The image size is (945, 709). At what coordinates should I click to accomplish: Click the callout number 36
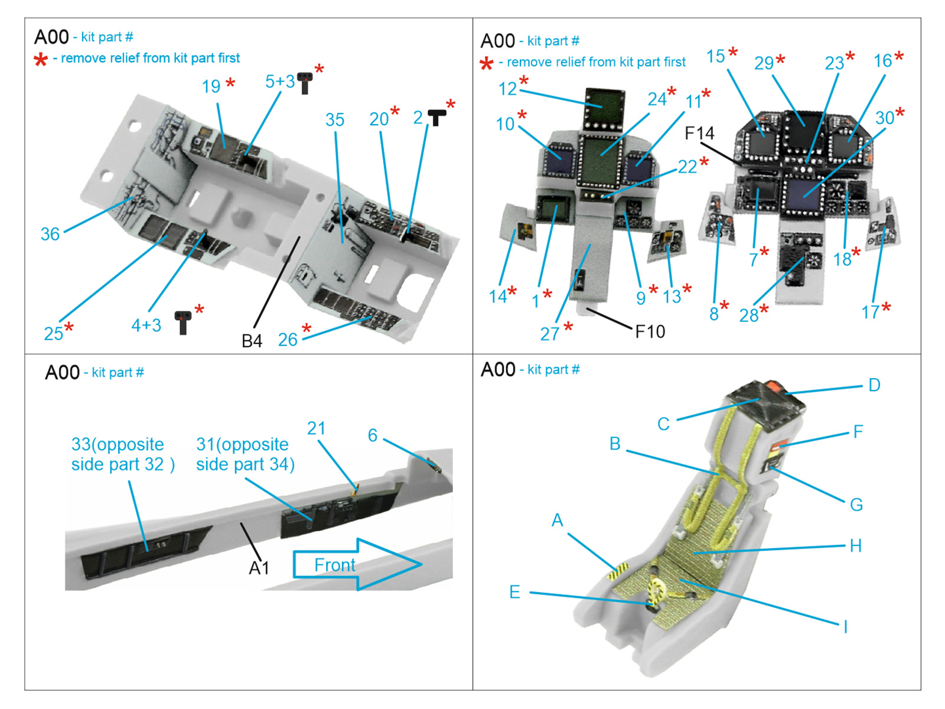point(50,234)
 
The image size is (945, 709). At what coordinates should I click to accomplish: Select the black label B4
point(252,341)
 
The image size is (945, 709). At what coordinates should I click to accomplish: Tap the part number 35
point(334,120)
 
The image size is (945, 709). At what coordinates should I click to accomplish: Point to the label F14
point(699,134)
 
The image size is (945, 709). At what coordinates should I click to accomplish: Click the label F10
point(650,332)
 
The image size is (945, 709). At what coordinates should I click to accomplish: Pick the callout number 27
point(549,334)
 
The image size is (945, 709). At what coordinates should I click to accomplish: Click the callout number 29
point(764,63)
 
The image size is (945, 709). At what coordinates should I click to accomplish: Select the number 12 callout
point(507,89)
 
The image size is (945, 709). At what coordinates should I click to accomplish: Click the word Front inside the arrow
point(334,565)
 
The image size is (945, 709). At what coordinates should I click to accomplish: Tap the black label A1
point(259,568)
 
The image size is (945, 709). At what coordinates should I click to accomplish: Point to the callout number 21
point(316,428)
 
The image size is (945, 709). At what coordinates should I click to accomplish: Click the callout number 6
point(373,435)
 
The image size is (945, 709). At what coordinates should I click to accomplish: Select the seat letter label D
point(874,385)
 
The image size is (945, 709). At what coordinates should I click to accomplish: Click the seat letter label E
point(514,592)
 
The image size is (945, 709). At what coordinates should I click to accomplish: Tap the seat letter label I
point(846,626)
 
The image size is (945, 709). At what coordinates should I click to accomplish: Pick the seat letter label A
point(557,520)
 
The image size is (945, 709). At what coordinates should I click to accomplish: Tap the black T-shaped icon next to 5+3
point(305,83)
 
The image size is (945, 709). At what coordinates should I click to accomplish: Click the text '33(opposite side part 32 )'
point(123,454)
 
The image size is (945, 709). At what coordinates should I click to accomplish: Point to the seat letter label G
point(856,505)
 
